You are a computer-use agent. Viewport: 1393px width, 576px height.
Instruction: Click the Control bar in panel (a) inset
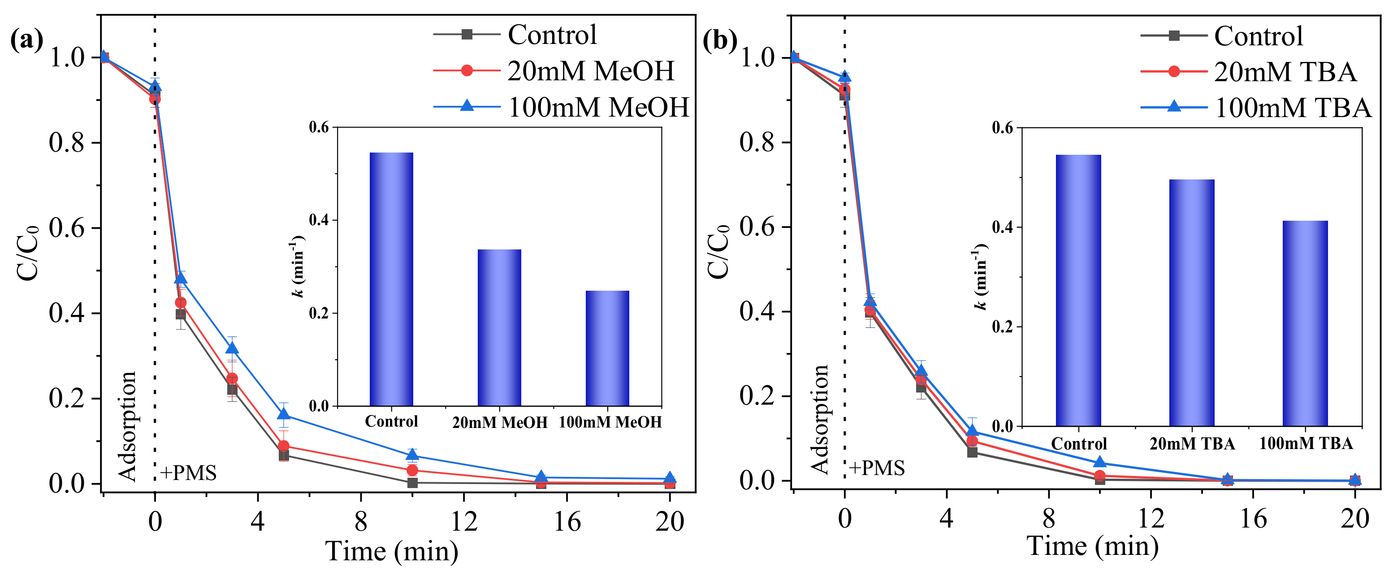(391, 279)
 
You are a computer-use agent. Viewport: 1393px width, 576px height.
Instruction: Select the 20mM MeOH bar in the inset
(499, 327)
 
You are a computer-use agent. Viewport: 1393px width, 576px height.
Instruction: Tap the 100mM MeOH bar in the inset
(607, 348)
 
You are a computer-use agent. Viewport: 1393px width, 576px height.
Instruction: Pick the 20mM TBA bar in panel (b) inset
(1191, 303)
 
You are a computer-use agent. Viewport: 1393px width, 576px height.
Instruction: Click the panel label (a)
(26, 41)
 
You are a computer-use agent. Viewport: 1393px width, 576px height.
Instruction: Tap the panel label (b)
(720, 41)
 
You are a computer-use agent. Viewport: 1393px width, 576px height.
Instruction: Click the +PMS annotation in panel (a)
(188, 473)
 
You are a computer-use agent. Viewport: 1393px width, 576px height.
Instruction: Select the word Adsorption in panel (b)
(820, 419)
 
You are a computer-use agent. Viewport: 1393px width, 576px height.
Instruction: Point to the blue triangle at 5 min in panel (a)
(283, 414)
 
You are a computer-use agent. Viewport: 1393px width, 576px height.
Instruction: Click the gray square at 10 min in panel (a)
(412, 482)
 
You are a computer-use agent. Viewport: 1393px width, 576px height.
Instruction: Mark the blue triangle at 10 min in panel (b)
(1099, 462)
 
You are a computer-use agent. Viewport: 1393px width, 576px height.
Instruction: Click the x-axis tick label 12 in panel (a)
(463, 522)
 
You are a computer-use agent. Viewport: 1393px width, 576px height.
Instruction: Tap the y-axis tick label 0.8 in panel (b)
(757, 142)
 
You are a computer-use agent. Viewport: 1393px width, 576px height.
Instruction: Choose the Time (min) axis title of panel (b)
(1092, 545)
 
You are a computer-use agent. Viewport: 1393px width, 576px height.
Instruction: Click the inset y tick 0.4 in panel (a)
(319, 220)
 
